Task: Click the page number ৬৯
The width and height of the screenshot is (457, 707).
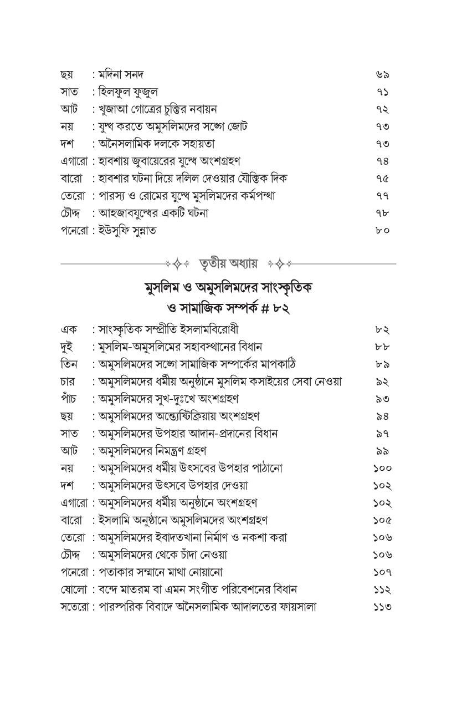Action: [382, 74]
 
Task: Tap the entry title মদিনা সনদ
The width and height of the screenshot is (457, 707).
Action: [121, 74]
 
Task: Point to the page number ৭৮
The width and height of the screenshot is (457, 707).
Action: [382, 213]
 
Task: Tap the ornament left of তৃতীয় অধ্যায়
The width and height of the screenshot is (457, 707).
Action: [178, 263]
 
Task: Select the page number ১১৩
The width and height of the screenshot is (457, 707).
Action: [382, 607]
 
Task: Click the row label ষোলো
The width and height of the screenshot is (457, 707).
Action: [73, 589]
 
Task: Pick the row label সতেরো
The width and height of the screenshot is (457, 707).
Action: [75, 607]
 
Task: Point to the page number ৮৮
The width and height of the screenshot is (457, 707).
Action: [382, 347]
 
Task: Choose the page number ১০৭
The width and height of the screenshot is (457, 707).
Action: [382, 572]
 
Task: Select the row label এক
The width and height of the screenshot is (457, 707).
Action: [68, 329]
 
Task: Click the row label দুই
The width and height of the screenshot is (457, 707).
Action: [68, 347]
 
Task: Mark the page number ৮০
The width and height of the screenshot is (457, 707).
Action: [382, 230]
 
